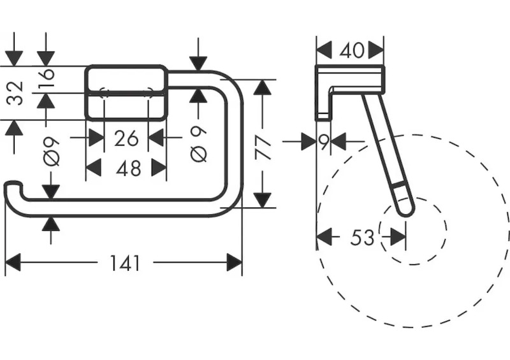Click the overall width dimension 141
pos(124,263)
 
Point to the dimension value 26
pos(126,137)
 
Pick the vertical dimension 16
pos(46,80)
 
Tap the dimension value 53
pos(362,238)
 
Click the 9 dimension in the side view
pos(324,141)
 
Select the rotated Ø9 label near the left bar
pos(51,152)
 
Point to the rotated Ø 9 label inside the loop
pos(198,145)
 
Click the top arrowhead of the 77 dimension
pos(263,86)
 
